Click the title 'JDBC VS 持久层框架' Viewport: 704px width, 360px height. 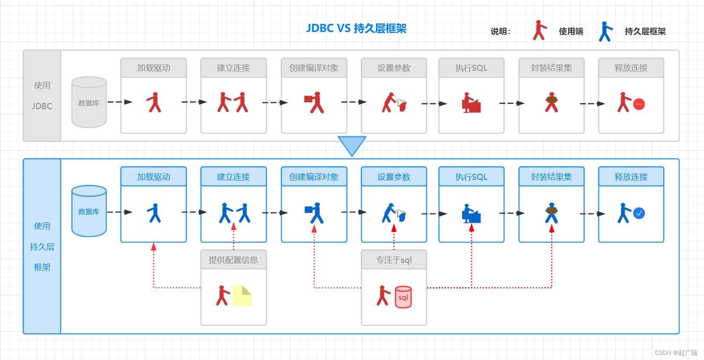pos(356,29)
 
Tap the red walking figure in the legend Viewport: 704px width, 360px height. pos(539,30)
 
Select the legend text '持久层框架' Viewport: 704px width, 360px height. pos(645,32)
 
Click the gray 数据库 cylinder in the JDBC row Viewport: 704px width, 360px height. pos(89,102)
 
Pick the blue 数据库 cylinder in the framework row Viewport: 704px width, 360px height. pos(89,211)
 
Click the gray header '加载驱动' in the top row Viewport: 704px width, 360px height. pos(153,68)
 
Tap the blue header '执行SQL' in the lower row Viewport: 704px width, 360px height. pos(471,177)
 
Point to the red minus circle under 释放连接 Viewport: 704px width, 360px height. pos(639,104)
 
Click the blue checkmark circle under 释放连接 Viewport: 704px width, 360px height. pos(639,213)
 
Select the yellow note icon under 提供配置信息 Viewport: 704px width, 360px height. pos(242,296)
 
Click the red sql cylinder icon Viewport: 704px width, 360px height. pos(403,297)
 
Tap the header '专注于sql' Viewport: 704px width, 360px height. pos(394,260)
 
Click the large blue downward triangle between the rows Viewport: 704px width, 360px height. pos(352,145)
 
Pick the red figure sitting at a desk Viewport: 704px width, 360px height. pos(471,103)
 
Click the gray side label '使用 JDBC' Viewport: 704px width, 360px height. pos(42,96)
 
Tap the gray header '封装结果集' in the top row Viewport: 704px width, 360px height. pos(551,68)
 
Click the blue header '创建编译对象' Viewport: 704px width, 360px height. pos(314,177)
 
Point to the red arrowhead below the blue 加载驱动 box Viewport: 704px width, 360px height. pos(154,247)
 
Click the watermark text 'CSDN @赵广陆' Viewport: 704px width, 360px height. pos(676,353)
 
